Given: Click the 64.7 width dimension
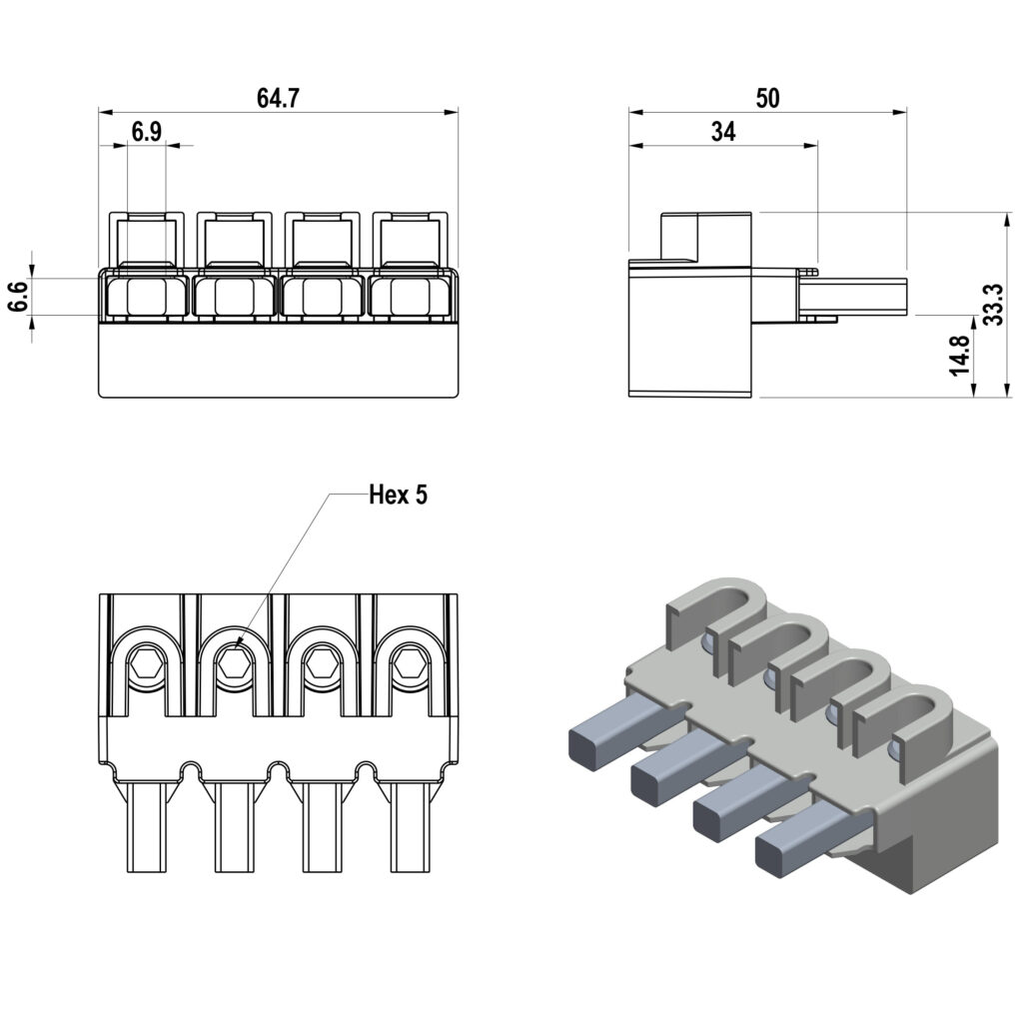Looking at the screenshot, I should coord(279,98).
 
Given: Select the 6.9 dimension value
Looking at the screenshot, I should coord(147,133).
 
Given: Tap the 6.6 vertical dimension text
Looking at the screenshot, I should coord(17,297).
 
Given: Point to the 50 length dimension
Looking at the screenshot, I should coord(767,98).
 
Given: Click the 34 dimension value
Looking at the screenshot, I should coord(723,132).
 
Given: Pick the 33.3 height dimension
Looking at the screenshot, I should coord(992,305).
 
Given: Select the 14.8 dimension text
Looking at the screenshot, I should coord(960,355).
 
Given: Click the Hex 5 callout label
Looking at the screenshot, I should coord(398,495).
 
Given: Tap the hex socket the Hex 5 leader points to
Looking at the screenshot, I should coord(236,660).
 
